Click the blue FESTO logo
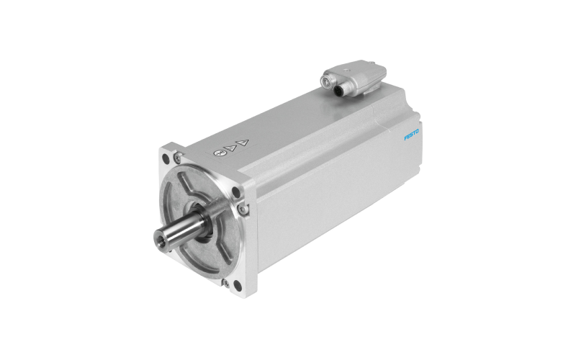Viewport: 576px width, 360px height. (x=411, y=135)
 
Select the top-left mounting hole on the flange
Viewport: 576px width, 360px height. (x=166, y=158)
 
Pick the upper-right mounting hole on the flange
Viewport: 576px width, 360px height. (x=236, y=192)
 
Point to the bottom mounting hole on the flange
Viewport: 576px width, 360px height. (x=238, y=285)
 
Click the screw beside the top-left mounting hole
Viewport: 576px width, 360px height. (x=177, y=157)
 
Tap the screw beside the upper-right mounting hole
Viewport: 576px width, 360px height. (x=242, y=210)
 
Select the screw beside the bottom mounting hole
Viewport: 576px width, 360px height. (x=226, y=283)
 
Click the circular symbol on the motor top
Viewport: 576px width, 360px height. (x=218, y=153)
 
